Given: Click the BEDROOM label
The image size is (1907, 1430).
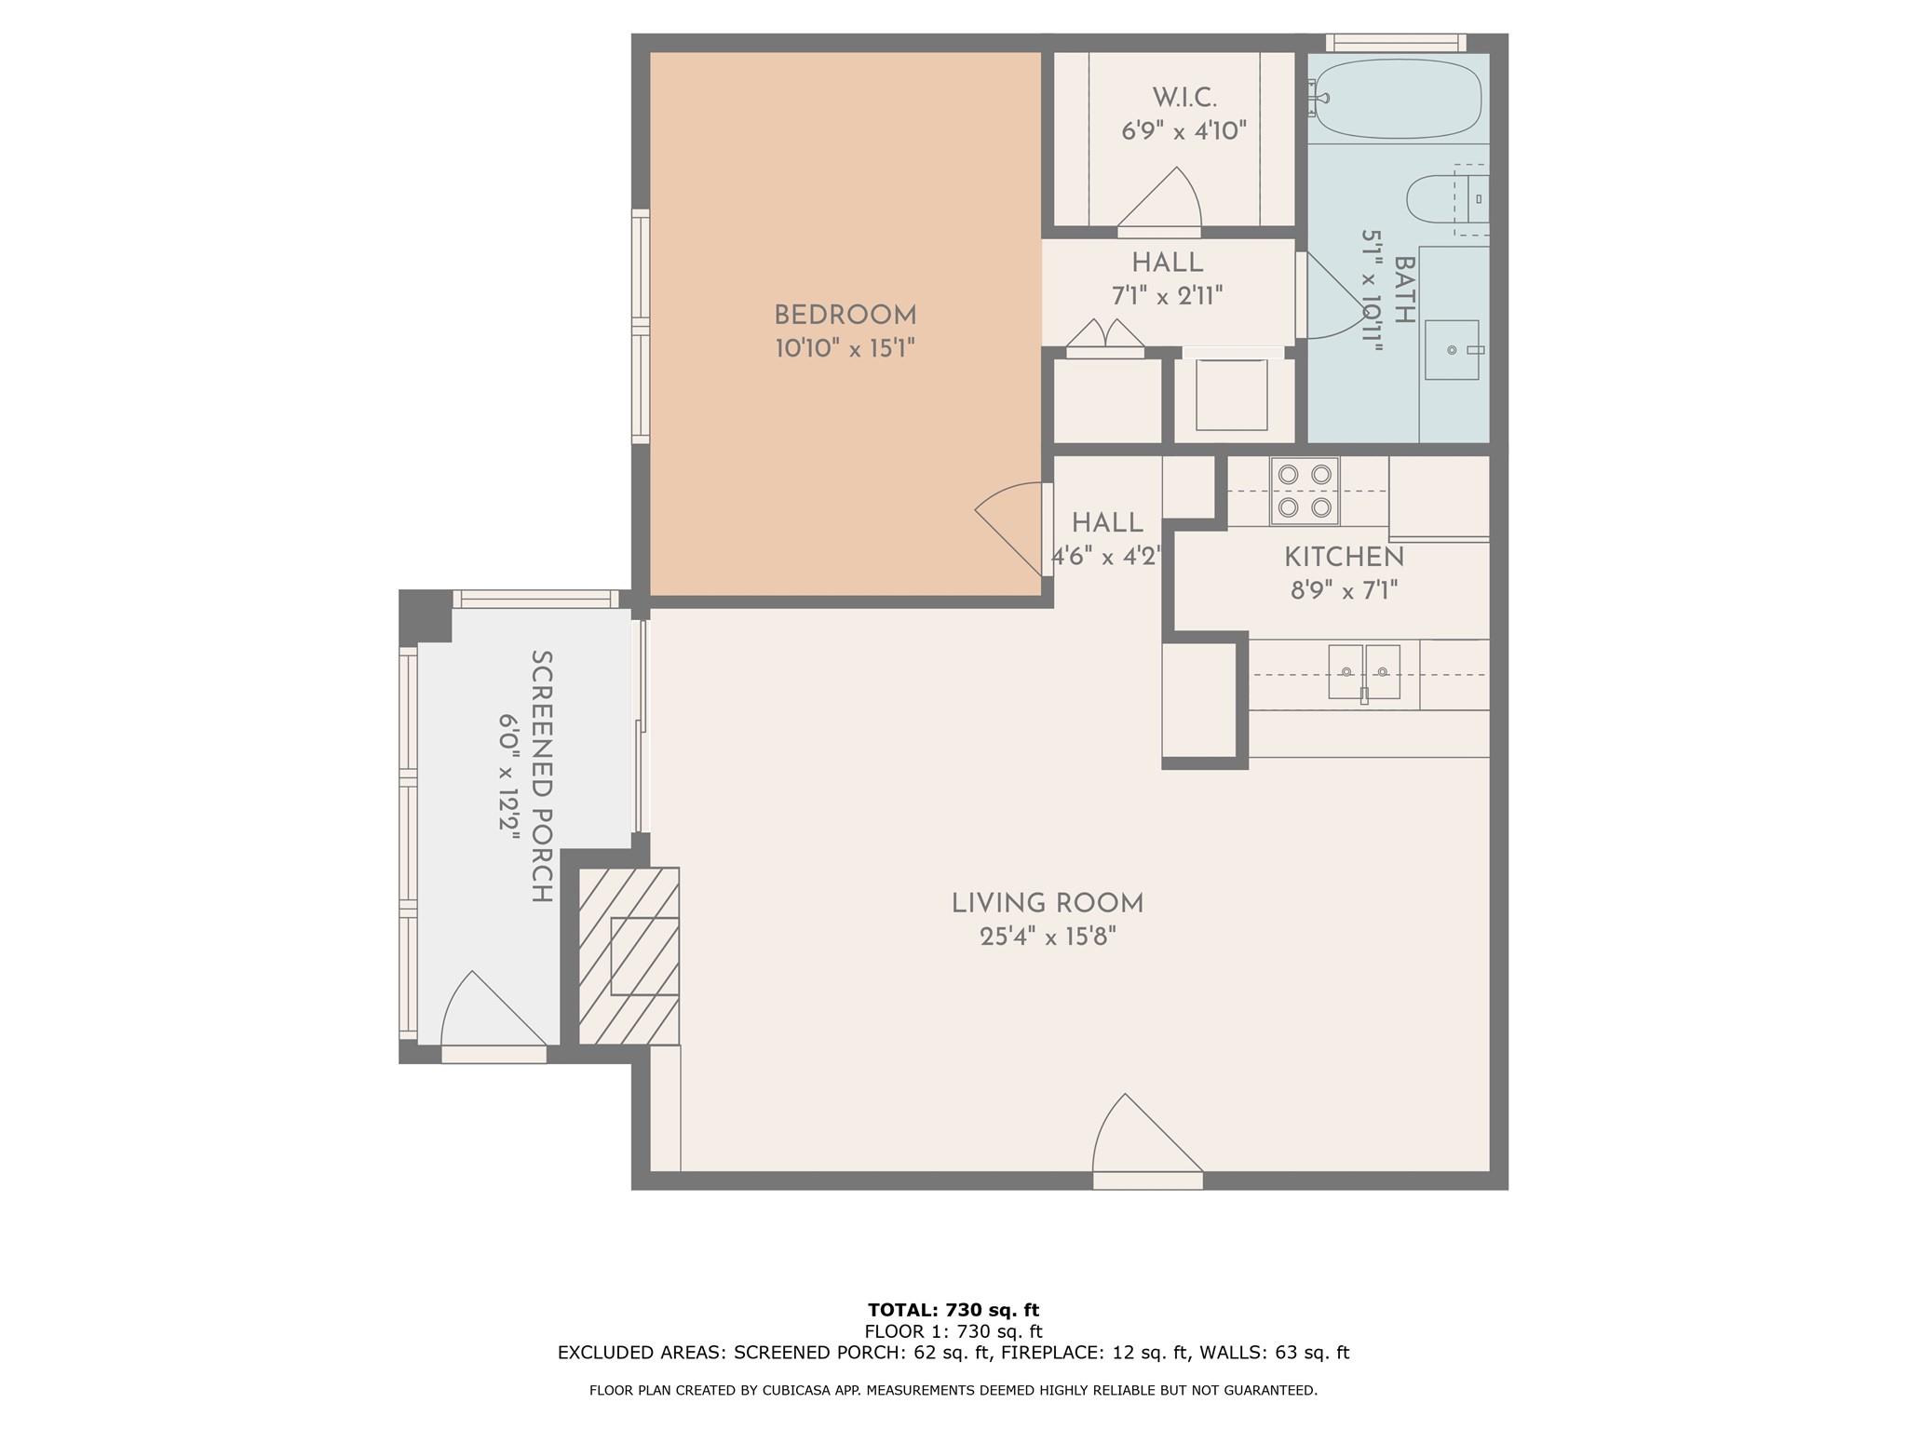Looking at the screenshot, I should pyautogui.click(x=845, y=315).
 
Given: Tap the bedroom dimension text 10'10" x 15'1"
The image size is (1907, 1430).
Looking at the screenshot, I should pyautogui.click(x=845, y=349).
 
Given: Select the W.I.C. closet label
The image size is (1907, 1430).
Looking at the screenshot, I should pyautogui.click(x=1184, y=98).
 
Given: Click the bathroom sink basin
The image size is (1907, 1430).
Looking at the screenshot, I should pyautogui.click(x=1452, y=350).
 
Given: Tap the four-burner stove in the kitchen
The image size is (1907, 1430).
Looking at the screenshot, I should pyautogui.click(x=1305, y=491).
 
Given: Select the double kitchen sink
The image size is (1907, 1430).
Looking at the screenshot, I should pyautogui.click(x=1364, y=671).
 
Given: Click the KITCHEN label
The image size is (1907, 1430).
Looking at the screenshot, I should pyautogui.click(x=1344, y=558).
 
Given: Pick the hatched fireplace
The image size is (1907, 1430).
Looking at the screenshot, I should pyautogui.click(x=629, y=956).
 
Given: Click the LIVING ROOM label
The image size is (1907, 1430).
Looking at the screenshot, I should pyautogui.click(x=1048, y=903).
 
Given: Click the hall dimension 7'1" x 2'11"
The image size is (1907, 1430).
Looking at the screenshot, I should pyautogui.click(x=1167, y=296).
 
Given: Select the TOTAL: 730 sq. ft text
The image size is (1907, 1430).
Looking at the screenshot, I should pyautogui.click(x=953, y=1311).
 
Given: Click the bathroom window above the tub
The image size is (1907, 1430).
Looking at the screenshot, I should pyautogui.click(x=1395, y=43).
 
